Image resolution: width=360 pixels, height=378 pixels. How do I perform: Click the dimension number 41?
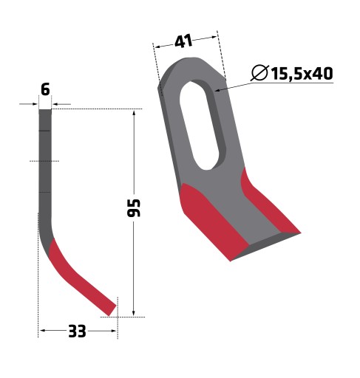coord(183,41)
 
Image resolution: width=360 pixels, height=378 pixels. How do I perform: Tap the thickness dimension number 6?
coord(45,89)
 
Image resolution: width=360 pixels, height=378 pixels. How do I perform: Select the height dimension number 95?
coord(134,208)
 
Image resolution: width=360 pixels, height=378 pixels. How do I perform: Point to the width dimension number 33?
coord(77,331)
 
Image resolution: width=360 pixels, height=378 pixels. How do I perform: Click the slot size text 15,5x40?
coord(302,73)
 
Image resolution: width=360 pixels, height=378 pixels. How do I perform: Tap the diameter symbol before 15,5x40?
coord(259,73)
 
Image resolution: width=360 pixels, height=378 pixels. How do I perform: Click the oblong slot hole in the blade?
coord(200,125)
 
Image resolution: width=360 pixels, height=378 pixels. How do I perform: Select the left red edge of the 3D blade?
coord(212,221)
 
